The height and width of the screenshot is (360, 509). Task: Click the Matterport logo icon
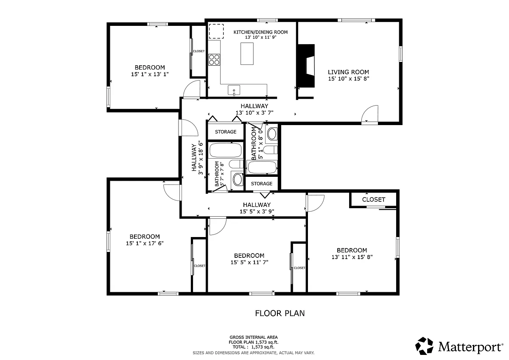424,346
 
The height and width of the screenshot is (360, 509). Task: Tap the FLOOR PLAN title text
280,313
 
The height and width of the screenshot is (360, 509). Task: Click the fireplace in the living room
306,66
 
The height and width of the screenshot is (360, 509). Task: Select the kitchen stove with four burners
214,60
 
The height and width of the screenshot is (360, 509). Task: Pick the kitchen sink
234,90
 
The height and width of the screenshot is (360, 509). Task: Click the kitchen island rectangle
247,53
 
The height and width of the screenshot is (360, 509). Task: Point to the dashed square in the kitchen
216,31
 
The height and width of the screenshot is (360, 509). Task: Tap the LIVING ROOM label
348,72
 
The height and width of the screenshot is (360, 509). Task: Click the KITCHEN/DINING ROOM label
260,32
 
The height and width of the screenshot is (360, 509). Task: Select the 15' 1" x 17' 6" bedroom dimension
145,243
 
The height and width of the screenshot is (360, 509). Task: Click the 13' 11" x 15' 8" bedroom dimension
352,257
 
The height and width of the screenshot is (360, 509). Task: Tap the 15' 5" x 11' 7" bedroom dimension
249,262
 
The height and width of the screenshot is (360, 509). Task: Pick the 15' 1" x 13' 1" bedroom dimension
150,74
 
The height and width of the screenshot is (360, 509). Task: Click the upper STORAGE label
226,132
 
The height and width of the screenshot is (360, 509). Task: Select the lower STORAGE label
262,184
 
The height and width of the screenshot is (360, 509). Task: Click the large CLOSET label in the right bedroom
374,199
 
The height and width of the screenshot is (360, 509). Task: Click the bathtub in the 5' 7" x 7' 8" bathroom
225,150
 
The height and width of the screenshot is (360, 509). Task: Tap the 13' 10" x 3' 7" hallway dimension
254,113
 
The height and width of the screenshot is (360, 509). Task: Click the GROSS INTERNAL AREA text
254,337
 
